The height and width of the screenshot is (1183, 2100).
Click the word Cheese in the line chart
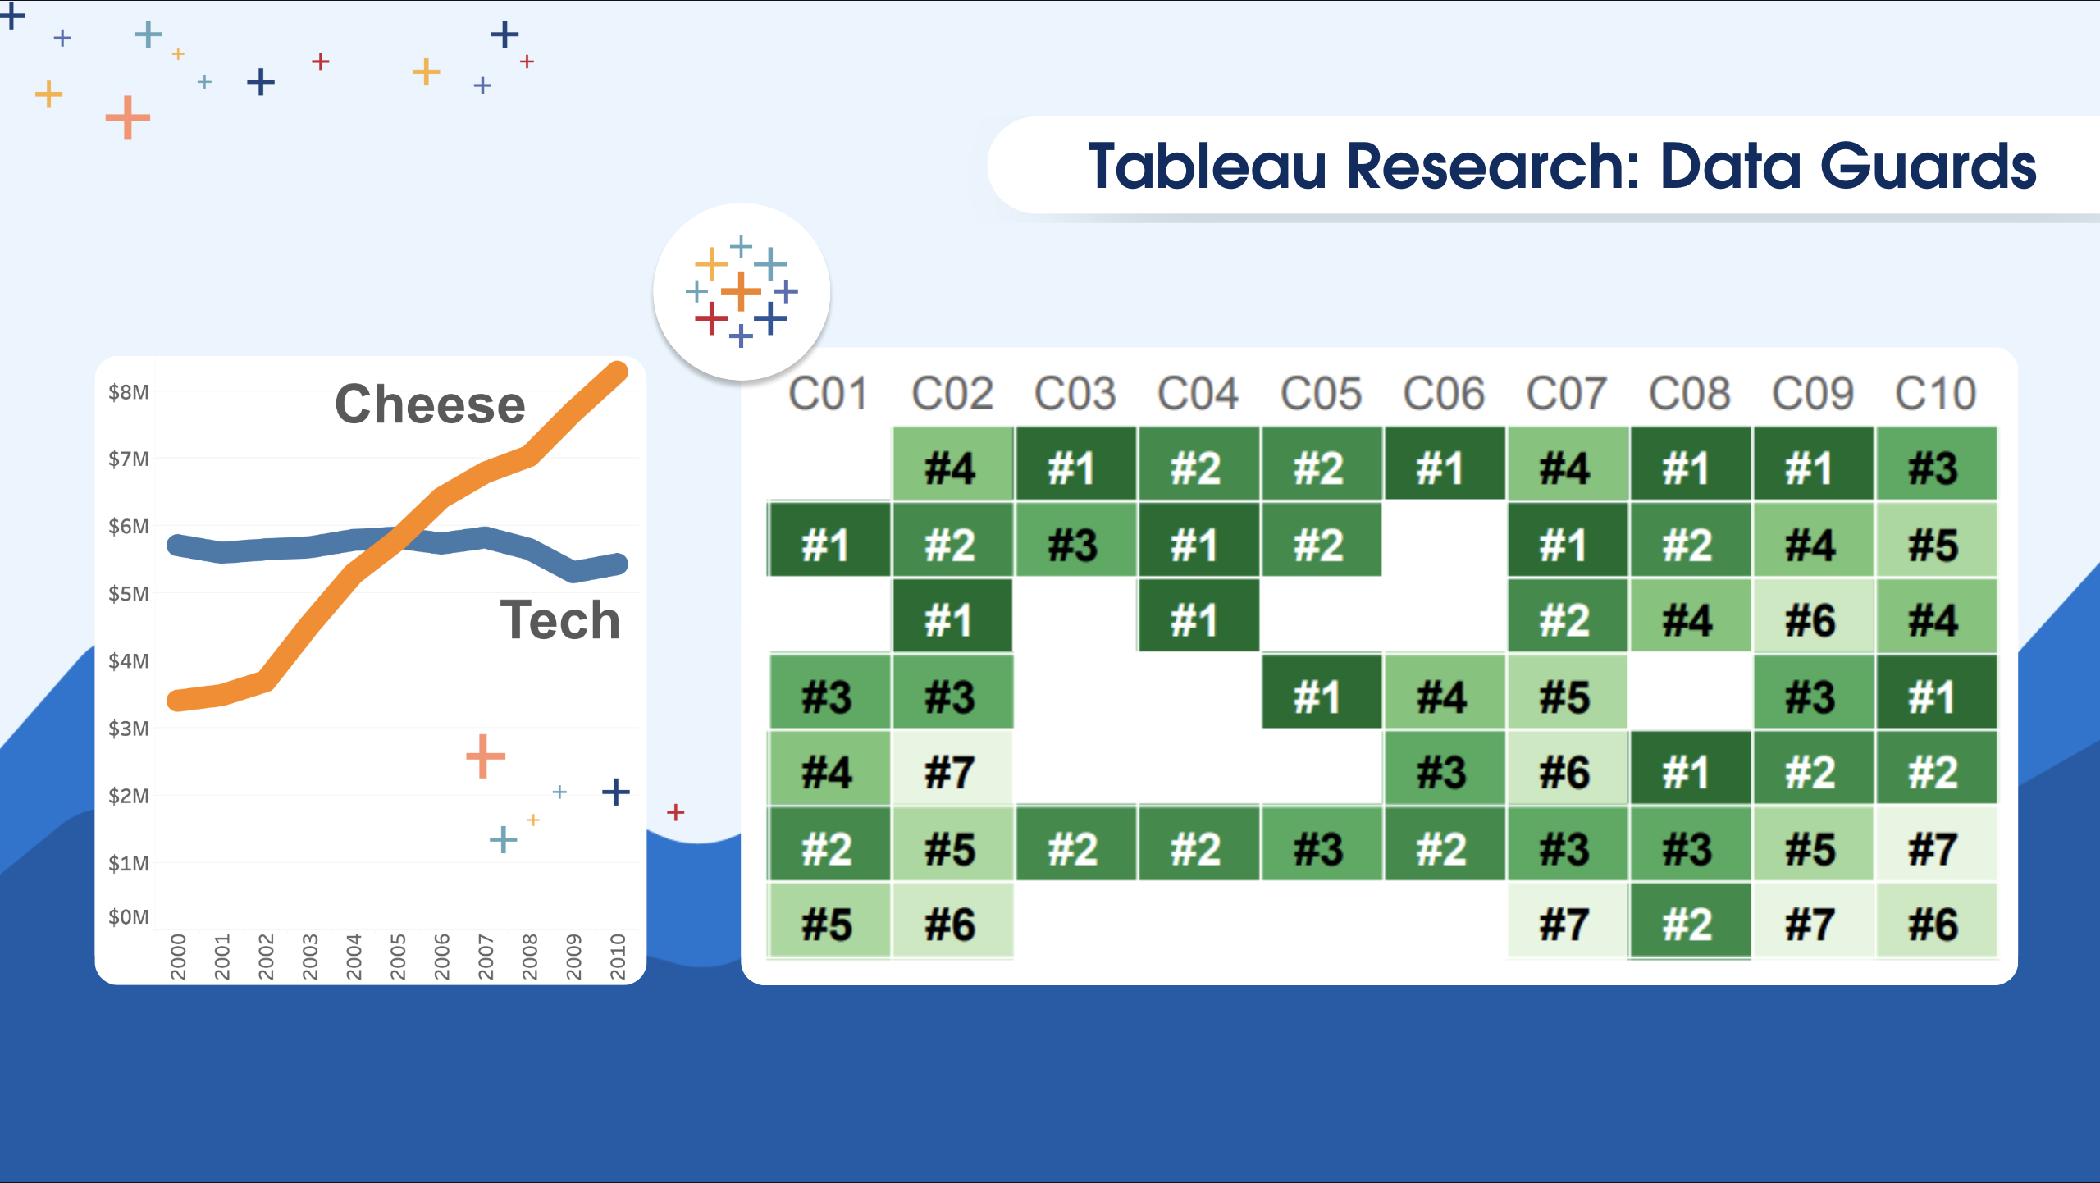point(430,404)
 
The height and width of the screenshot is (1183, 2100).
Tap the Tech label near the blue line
point(560,619)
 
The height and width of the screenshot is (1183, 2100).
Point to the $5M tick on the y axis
point(129,593)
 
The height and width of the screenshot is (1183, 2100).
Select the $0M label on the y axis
point(129,916)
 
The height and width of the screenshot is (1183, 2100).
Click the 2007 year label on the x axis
point(486,957)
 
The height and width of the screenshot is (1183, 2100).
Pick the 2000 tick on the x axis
point(178,957)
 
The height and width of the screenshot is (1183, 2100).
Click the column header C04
point(1198,394)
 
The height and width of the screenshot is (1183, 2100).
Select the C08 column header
point(1690,394)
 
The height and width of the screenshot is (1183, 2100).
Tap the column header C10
point(1936,394)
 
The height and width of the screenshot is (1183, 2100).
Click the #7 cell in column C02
point(952,771)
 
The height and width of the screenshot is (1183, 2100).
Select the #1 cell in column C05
point(1321,696)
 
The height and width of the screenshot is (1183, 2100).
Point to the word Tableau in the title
point(1207,167)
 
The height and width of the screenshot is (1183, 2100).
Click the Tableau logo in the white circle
point(742,291)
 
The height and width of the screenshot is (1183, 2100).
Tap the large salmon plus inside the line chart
point(486,756)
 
